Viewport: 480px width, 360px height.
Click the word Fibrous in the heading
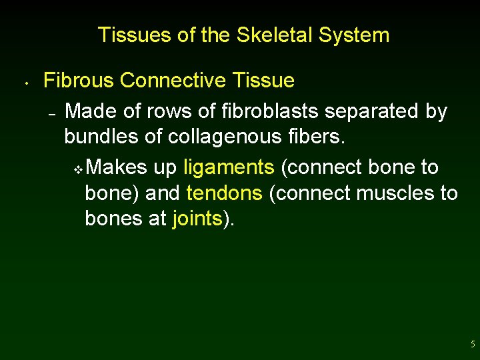click(79, 81)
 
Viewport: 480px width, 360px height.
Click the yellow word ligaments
click(229, 167)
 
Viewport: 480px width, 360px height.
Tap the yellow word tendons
click(225, 193)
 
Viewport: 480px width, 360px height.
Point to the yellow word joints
click(197, 219)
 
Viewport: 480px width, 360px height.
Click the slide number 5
click(473, 345)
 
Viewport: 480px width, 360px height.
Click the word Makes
click(116, 167)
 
